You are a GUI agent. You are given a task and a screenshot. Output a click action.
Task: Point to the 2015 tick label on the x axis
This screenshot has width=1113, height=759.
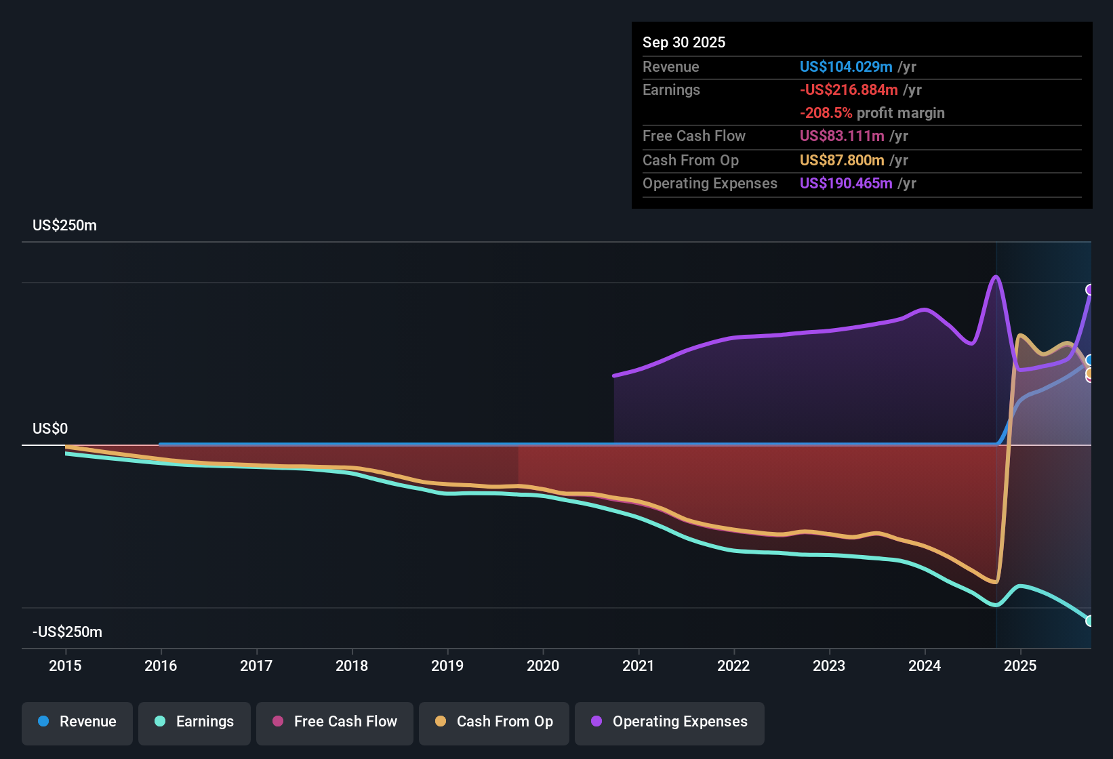[x=65, y=665]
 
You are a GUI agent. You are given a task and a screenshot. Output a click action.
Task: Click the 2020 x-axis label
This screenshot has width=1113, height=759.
[x=543, y=665]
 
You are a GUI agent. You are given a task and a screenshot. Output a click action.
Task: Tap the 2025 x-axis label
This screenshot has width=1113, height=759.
[x=1020, y=665]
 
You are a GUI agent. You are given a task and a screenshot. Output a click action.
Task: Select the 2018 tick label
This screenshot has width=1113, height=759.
[x=352, y=665]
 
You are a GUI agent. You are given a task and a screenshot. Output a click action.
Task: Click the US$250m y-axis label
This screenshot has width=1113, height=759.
[x=64, y=226]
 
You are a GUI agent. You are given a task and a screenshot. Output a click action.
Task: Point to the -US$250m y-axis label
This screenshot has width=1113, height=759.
[x=68, y=632]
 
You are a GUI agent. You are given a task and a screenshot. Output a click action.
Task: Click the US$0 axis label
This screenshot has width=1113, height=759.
[x=50, y=429]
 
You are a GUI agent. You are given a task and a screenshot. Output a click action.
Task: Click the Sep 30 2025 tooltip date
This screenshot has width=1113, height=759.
[x=684, y=42]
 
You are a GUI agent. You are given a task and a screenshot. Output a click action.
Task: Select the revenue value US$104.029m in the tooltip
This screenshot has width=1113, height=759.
[x=846, y=66]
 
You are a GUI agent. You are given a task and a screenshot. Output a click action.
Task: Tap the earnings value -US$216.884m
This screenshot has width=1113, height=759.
[x=849, y=90]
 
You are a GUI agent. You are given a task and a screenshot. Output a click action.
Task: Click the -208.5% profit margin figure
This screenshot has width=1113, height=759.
[x=826, y=112]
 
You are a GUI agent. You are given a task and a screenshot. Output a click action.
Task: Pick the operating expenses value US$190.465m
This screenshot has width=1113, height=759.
[x=846, y=183]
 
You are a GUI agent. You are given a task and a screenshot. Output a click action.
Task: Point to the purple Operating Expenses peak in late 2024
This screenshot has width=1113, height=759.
[x=996, y=276]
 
